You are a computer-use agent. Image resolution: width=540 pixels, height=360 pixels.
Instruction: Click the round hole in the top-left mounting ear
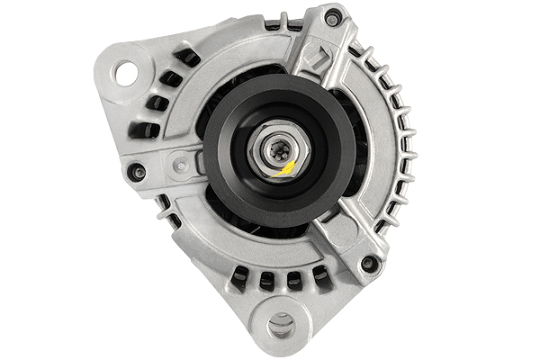click(x=126, y=72)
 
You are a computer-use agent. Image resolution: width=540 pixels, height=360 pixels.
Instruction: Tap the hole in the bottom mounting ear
click(x=281, y=323)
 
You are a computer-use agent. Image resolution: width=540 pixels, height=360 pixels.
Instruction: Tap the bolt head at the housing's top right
click(x=333, y=16)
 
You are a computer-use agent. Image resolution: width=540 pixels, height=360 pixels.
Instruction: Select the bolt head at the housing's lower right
click(x=368, y=264)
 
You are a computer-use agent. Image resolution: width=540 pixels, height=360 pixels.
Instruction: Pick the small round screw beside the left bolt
click(x=181, y=164)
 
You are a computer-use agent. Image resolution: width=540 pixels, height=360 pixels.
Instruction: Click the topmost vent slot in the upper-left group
click(x=187, y=58)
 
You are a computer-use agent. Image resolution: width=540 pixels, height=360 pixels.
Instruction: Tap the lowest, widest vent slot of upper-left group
click(x=144, y=130)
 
